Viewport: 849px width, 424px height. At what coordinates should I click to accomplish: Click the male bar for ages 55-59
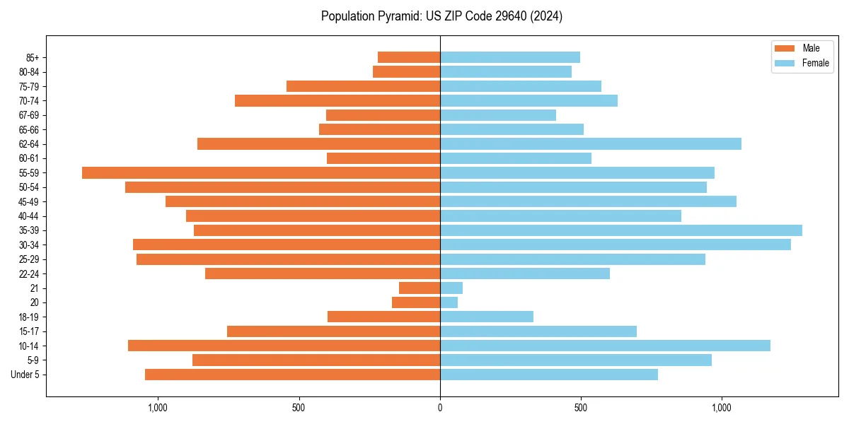pos(261,173)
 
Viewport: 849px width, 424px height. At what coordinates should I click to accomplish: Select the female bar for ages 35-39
pos(621,230)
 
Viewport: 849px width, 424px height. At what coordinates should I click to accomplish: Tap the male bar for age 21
pos(420,288)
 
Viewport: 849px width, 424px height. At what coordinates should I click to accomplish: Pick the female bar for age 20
pos(449,302)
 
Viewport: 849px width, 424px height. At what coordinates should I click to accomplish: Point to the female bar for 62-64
pos(591,144)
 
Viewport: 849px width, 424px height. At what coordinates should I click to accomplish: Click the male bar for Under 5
pos(292,375)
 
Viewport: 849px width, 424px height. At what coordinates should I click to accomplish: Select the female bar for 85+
pos(510,57)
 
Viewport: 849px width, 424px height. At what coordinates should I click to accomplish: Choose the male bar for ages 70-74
pos(337,101)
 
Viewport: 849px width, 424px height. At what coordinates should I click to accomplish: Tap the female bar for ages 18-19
pos(487,317)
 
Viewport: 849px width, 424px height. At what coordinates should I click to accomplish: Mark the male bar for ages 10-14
pos(284,346)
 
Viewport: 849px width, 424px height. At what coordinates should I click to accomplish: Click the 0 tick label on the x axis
pos(440,408)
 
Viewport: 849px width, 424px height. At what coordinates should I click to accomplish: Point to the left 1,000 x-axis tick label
pos(157,408)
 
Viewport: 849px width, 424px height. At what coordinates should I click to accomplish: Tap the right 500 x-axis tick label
pos(581,408)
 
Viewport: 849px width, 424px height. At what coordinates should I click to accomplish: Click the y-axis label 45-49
pos(28,202)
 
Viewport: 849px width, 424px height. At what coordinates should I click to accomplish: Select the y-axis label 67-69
pos(28,115)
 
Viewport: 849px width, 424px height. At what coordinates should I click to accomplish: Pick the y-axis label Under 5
pos(25,375)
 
